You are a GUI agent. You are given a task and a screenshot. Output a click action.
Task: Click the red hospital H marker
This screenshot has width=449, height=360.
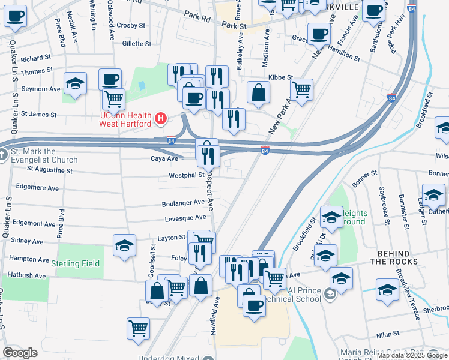(x=160, y=119)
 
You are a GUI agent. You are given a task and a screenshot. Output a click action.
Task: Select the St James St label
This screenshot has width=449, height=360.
(x=39, y=113)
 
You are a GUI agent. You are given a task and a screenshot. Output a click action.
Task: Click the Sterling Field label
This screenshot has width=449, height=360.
(x=76, y=263)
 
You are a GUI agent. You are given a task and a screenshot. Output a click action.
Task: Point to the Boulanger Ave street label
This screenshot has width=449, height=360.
(x=184, y=203)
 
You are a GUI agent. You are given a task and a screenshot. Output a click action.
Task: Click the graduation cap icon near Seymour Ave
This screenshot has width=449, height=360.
(x=75, y=84)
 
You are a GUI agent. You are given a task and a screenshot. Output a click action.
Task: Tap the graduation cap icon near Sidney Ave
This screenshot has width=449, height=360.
(x=124, y=245)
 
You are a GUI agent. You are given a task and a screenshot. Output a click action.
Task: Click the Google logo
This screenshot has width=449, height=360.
(x=20, y=352)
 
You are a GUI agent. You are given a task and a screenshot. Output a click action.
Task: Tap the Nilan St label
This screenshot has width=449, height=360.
(x=387, y=335)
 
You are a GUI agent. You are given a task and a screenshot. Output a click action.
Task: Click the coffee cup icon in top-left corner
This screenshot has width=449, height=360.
(x=16, y=16)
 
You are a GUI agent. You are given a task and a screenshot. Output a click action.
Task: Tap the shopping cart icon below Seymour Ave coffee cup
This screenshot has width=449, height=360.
(x=113, y=99)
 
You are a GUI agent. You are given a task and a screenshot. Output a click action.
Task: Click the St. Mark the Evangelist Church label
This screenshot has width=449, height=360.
(x=43, y=155)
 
